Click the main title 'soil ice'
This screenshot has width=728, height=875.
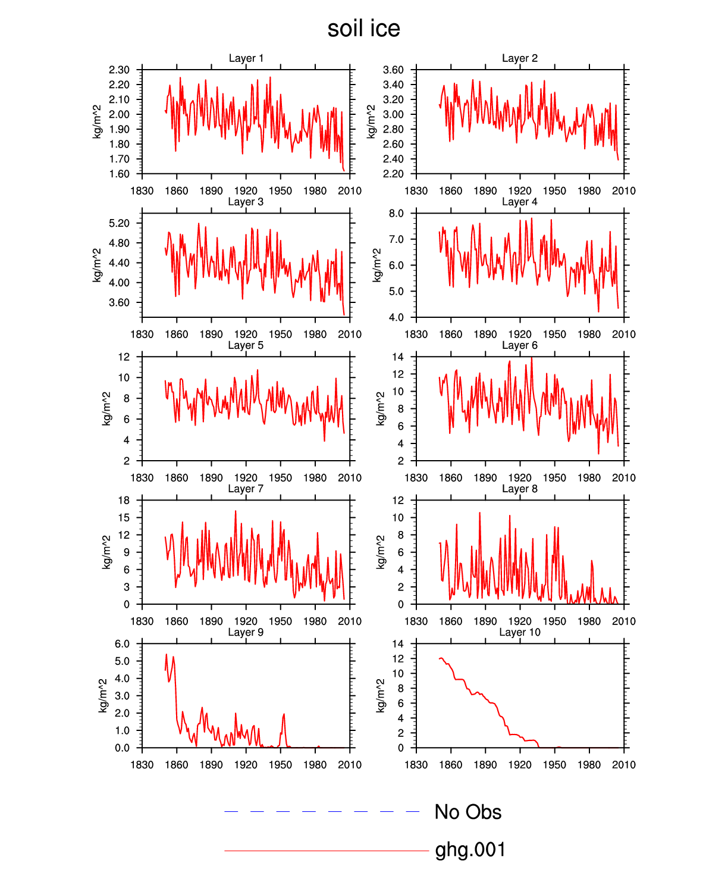[x=363, y=29]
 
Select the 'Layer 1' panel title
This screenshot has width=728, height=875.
[x=246, y=58]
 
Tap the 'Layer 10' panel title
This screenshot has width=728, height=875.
[x=519, y=632]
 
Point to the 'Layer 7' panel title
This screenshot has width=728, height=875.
[x=246, y=489]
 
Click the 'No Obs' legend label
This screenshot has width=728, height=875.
[x=468, y=812]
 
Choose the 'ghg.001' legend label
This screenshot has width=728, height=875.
[x=470, y=850]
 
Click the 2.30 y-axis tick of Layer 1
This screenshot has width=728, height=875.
[x=119, y=70]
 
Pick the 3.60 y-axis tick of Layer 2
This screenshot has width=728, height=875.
[x=393, y=70]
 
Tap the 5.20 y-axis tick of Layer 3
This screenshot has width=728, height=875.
[x=119, y=223]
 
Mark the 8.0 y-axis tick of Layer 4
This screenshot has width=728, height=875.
[x=396, y=214]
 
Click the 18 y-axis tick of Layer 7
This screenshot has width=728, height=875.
[x=124, y=501]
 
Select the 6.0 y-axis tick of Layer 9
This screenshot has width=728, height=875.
[x=122, y=644]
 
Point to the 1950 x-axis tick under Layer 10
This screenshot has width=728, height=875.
[x=554, y=765]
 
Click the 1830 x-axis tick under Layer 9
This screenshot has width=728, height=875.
[x=142, y=765]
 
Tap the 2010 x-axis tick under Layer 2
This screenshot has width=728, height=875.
[x=624, y=191]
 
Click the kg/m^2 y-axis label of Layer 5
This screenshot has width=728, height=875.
[x=107, y=409]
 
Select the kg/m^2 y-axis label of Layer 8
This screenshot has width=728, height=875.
[x=381, y=552]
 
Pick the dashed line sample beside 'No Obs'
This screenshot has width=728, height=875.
[x=322, y=812]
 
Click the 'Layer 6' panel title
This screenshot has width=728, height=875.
[x=519, y=345]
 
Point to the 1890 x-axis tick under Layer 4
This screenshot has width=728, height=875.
[x=485, y=335]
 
